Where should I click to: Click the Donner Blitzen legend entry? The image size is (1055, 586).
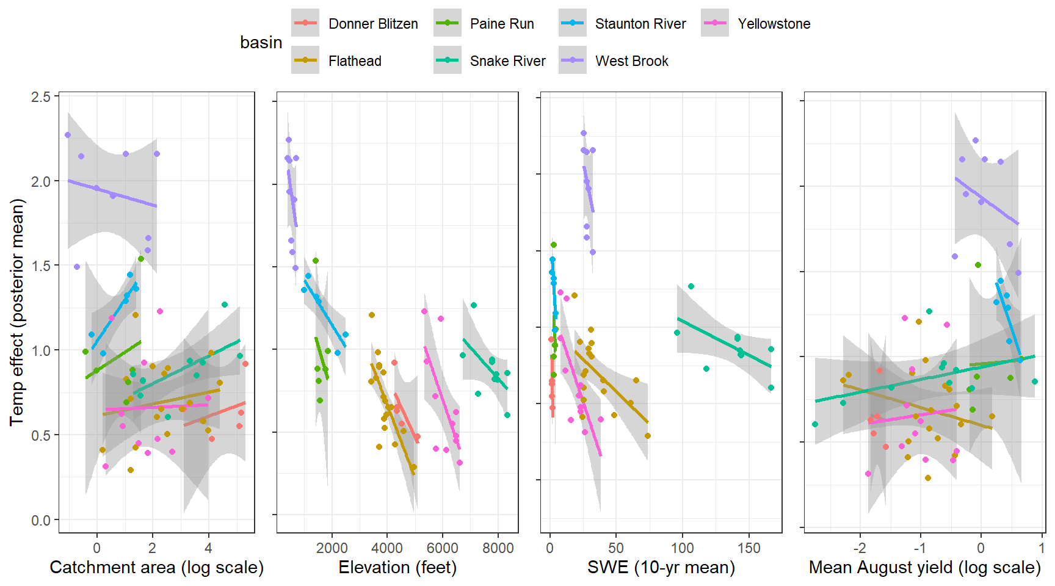pos(372,24)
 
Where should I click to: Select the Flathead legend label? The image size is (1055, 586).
pos(354,61)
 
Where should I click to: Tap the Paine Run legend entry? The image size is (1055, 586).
pos(501,24)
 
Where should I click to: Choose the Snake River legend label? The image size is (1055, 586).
pos(507,61)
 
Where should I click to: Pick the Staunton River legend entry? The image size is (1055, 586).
pos(640,24)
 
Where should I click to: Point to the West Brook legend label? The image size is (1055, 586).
pos(631,61)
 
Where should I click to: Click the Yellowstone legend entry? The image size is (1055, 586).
pos(774,24)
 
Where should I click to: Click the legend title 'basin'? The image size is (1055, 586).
pos(261,43)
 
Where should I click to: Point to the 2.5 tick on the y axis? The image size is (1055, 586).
pos(41,96)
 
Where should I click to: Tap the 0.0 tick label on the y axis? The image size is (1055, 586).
pos(41,520)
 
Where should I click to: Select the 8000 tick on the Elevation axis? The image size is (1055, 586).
pos(498,548)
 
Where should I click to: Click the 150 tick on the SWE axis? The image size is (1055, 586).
pos(749,548)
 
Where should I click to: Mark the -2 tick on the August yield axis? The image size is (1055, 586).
pos(859,548)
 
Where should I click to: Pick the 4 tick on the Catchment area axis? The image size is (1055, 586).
pos(208,548)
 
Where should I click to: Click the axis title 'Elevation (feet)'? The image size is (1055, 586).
pos(397,568)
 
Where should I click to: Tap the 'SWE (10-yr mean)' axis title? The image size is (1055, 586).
pos(661,568)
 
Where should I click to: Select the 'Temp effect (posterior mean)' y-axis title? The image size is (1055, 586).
pos(16,312)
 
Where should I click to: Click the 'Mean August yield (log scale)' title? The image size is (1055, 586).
pos(924,568)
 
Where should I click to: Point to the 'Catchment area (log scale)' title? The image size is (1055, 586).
pos(157,568)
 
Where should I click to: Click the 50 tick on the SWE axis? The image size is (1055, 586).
pos(616,548)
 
